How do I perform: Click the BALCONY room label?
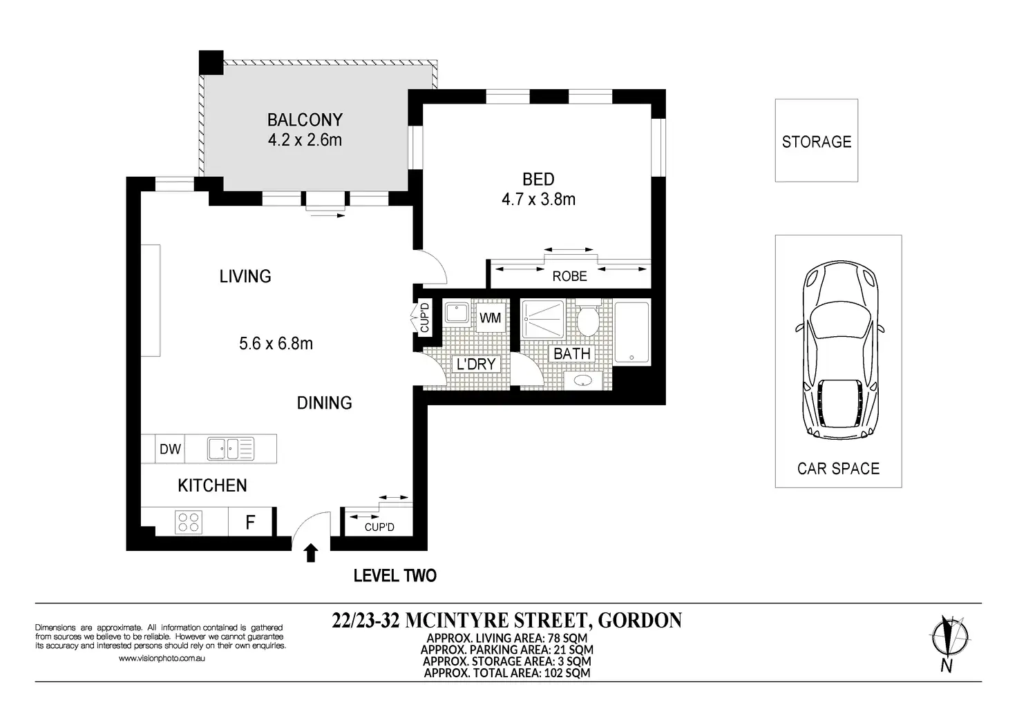coord(305,120)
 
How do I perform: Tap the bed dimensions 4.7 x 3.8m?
coord(538,199)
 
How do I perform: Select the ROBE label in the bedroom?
coord(569,276)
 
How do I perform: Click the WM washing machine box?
coord(491,318)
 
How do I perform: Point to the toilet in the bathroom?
coord(587,318)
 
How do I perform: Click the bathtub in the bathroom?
coord(632,333)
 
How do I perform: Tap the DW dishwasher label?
coord(170,449)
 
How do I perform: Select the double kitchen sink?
coord(231,449)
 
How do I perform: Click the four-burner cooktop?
coord(189,522)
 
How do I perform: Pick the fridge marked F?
coord(250,522)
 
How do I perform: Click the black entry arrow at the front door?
coord(310,553)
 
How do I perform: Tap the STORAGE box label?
coord(817,142)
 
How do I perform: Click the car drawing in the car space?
coord(839,350)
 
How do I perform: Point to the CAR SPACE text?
coord(838,469)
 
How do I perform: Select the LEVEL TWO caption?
coord(395,576)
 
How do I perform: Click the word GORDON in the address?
coord(640,621)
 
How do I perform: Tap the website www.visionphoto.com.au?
coord(162,658)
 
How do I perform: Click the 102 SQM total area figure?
coord(567,672)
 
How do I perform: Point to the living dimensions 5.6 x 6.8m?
coord(276,343)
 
